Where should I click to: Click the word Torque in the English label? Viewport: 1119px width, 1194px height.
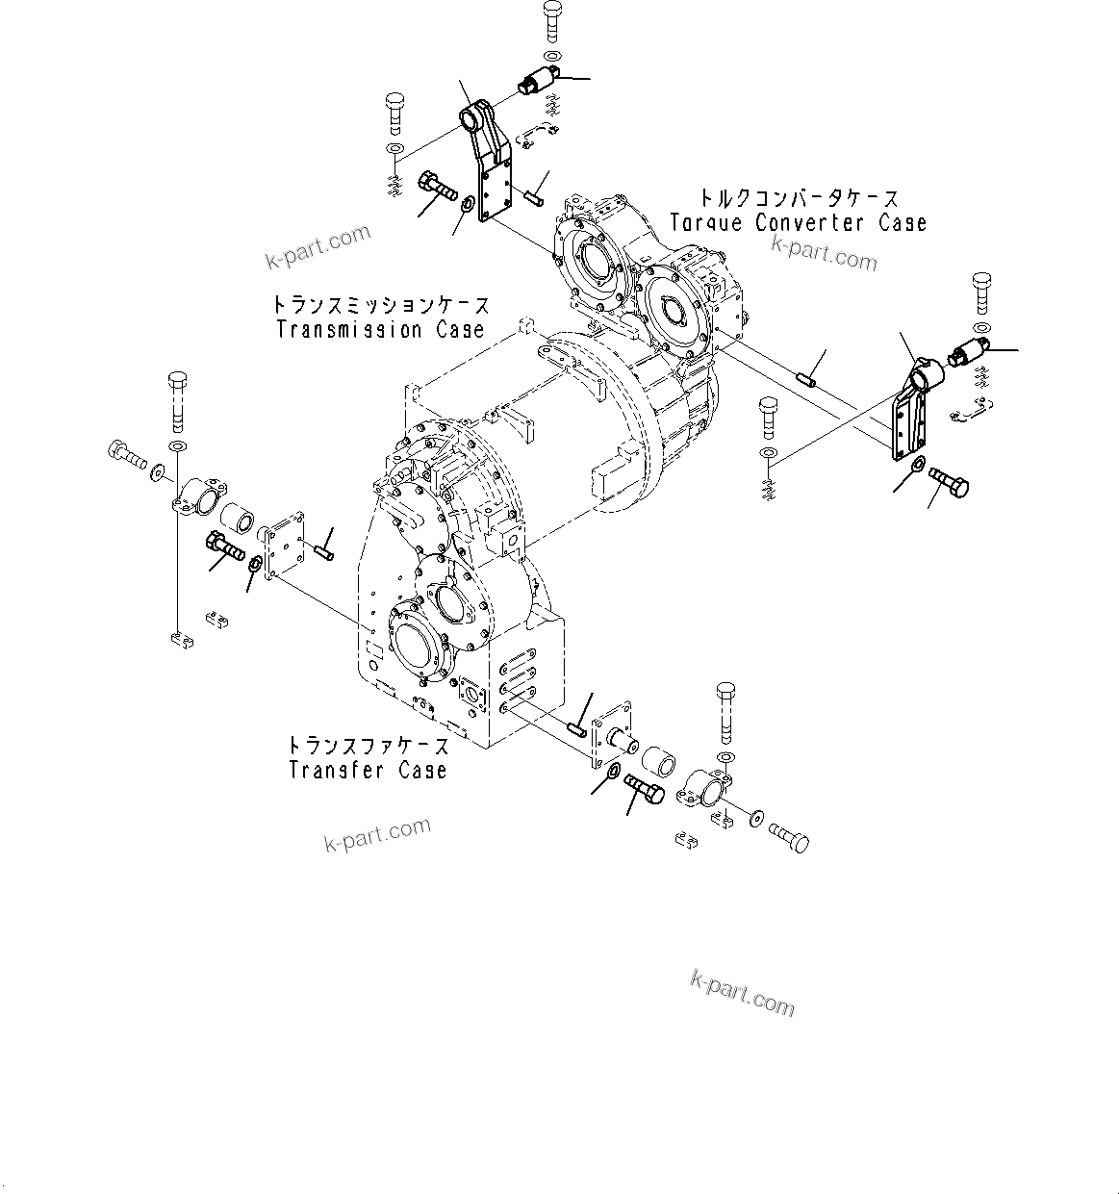pyautogui.click(x=705, y=223)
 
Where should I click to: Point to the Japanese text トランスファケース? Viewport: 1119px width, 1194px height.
pyautogui.click(x=368, y=746)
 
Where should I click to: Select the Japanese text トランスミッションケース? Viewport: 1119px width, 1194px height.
pyautogui.click(x=380, y=306)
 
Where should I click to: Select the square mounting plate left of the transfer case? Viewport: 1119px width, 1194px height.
pyautogui.click(x=286, y=546)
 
